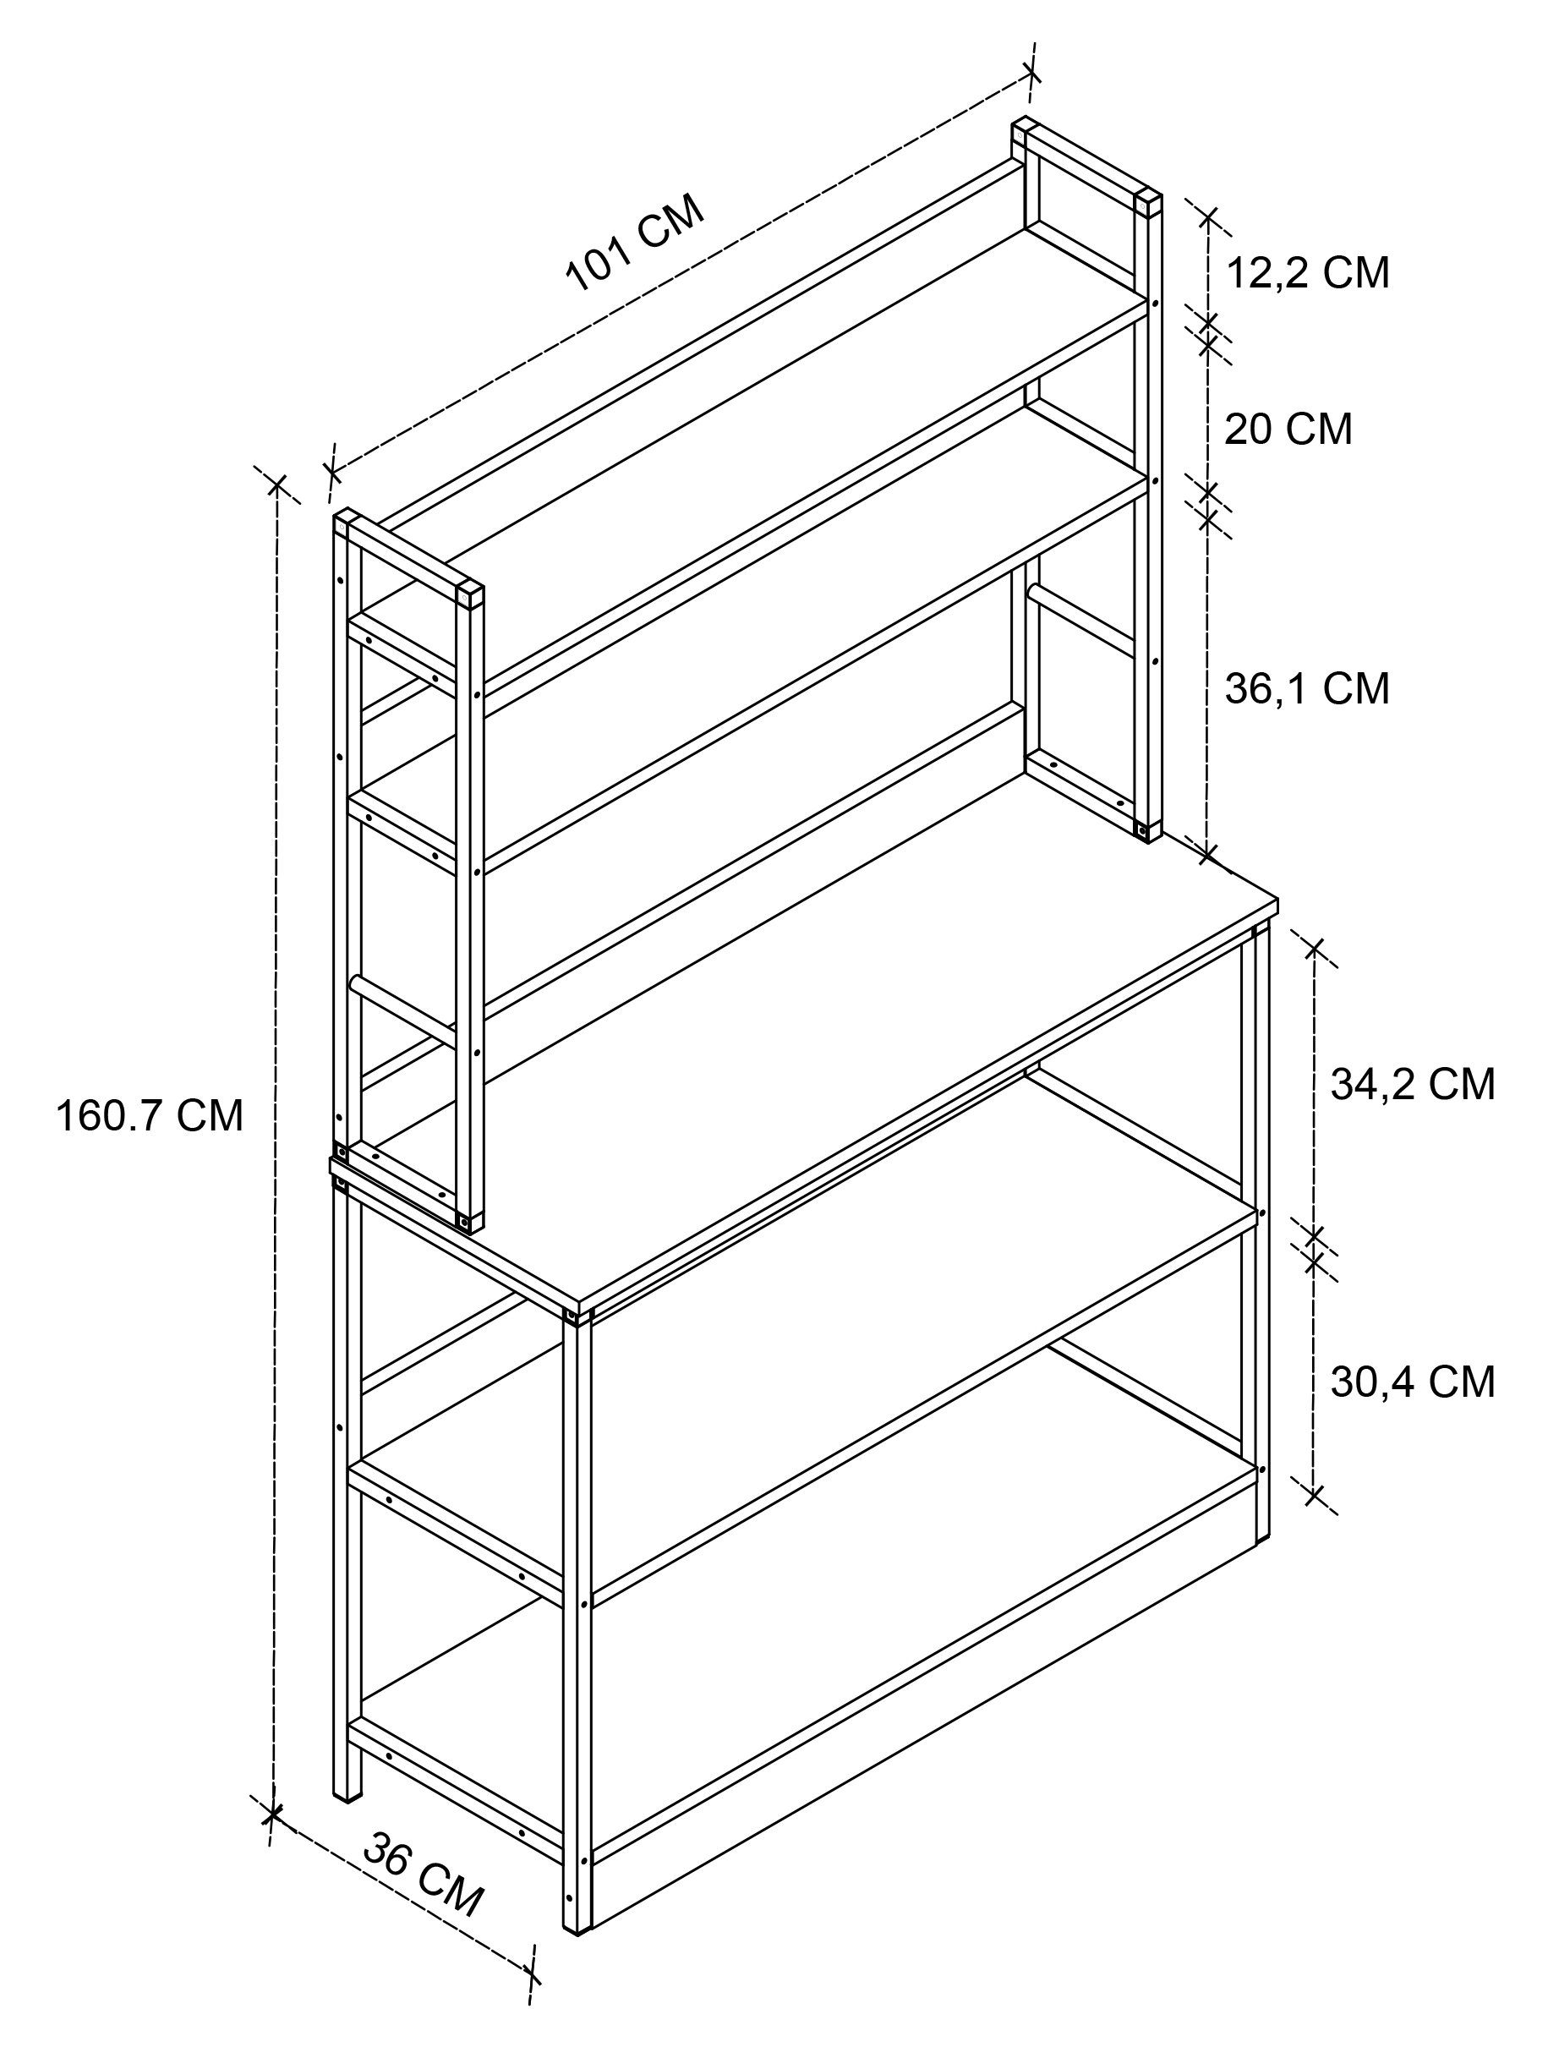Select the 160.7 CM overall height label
pyautogui.click(x=150, y=1116)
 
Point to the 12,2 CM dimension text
pyautogui.click(x=1307, y=273)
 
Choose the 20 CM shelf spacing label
pyautogui.click(x=1288, y=430)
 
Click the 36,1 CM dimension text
pyautogui.click(x=1307, y=688)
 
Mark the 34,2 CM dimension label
pyautogui.click(x=1413, y=1085)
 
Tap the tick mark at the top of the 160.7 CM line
pyautogui.click(x=276, y=485)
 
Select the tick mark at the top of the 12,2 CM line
pyautogui.click(x=1209, y=218)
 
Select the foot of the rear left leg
pyautogui.click(x=348, y=1796)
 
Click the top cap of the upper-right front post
pyautogui.click(x=1148, y=202)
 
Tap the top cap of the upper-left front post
pyautogui.click(x=469, y=594)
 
